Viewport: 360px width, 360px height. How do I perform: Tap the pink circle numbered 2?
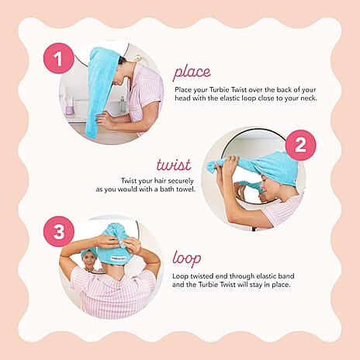[x=300, y=144]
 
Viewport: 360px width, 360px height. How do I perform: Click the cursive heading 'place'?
[x=191, y=73]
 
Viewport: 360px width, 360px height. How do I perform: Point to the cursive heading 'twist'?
[x=173, y=164]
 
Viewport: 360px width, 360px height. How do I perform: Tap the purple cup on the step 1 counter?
[x=71, y=109]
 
